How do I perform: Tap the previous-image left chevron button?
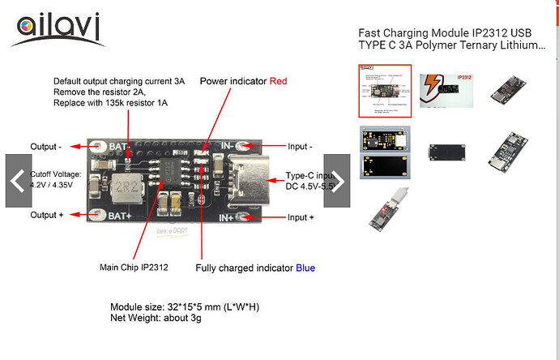click(19, 181)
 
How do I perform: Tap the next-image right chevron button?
click(336, 181)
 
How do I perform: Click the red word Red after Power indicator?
click(278, 81)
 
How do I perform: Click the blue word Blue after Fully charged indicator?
click(305, 268)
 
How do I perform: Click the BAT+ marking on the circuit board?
click(122, 216)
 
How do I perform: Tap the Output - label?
click(48, 147)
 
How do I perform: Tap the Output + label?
click(49, 217)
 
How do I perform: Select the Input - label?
click(300, 147)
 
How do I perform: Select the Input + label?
click(301, 217)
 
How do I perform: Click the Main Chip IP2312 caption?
click(134, 268)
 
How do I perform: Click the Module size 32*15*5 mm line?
click(184, 307)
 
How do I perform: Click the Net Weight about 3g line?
click(156, 319)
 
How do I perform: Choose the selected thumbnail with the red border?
click(385, 91)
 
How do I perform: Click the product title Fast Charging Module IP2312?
click(451, 39)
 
